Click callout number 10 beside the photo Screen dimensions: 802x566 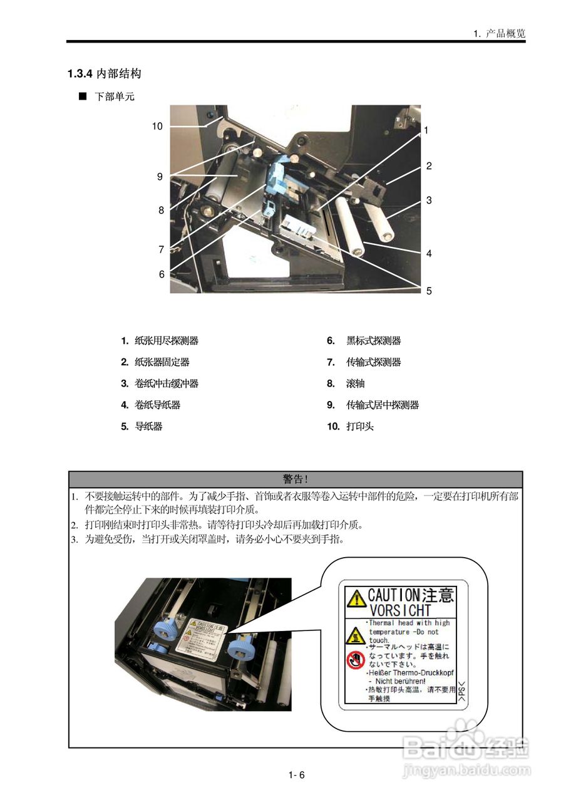click(x=157, y=126)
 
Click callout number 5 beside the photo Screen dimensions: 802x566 click(x=429, y=291)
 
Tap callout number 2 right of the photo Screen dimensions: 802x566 click(x=429, y=166)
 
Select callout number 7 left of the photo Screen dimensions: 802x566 click(x=161, y=249)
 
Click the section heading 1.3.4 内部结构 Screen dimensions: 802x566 click(x=105, y=74)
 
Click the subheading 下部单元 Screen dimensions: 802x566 click(x=115, y=96)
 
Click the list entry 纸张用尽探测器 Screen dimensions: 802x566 click(x=167, y=341)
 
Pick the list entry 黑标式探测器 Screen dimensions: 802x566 click(x=374, y=341)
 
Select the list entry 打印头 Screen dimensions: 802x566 click(x=360, y=427)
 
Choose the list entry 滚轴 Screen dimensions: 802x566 click(x=355, y=383)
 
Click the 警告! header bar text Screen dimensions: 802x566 click(x=295, y=479)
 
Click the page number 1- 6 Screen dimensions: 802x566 click(x=296, y=775)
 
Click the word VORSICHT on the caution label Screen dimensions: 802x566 click(x=400, y=610)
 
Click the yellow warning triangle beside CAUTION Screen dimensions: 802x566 click(x=356, y=598)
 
